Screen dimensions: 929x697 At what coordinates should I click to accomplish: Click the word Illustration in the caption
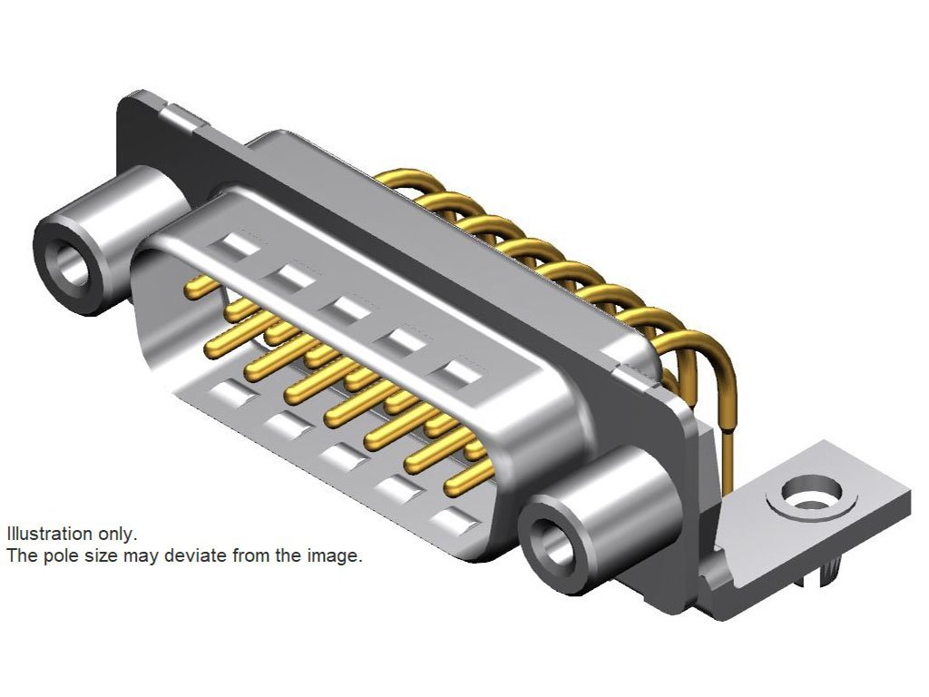coord(49,534)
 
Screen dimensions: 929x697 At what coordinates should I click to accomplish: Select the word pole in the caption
coord(58,556)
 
